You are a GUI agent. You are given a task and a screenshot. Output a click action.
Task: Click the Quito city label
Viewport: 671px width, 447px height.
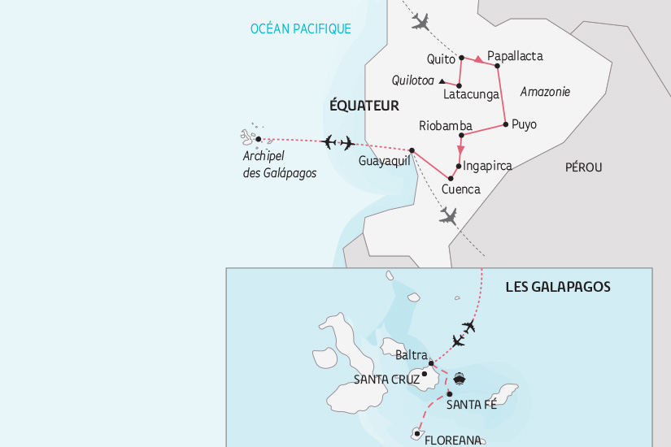point(440,59)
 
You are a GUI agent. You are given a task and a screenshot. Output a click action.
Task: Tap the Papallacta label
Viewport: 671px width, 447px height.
point(514,57)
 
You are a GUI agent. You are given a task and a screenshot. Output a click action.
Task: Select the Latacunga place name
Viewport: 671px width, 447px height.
point(471,95)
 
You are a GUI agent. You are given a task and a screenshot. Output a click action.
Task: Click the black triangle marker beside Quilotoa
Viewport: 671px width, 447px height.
point(442,81)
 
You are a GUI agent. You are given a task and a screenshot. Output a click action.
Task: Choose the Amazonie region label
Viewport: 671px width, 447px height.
point(544,92)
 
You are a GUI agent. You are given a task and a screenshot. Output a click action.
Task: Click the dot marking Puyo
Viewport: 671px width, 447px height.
point(506,124)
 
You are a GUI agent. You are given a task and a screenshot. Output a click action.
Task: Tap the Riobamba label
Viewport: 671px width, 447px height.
point(446,126)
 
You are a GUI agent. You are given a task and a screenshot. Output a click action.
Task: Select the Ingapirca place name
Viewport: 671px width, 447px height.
point(487,166)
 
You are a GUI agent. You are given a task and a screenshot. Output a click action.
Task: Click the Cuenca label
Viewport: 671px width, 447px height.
point(460,189)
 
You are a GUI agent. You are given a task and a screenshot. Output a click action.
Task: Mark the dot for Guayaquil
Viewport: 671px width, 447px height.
point(412,150)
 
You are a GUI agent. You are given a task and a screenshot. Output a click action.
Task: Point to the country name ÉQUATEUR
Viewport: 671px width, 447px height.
point(364,106)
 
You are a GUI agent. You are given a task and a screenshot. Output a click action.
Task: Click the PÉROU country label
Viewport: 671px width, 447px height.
point(582,167)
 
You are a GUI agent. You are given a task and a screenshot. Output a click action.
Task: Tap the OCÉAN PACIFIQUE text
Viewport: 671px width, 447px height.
point(301,29)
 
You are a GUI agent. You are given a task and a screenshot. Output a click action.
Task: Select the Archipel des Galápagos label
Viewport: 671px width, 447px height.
point(279,165)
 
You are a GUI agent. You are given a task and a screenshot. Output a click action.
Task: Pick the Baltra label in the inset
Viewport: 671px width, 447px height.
point(410,355)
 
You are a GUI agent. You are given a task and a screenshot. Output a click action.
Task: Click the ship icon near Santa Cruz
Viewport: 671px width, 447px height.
point(460,378)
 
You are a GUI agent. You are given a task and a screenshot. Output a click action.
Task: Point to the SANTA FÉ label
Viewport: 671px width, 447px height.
point(472,405)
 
